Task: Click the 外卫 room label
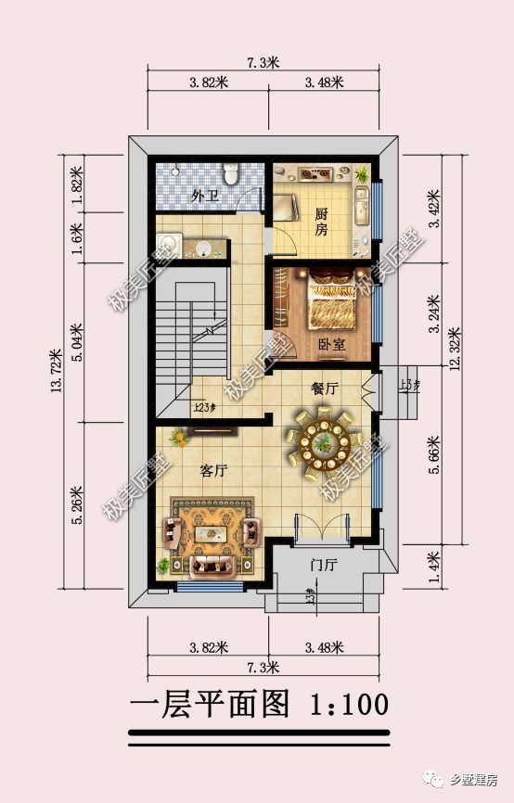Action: [x=205, y=197]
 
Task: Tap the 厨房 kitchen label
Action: [x=321, y=223]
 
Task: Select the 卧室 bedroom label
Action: [x=331, y=344]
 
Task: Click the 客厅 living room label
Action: [x=213, y=470]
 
